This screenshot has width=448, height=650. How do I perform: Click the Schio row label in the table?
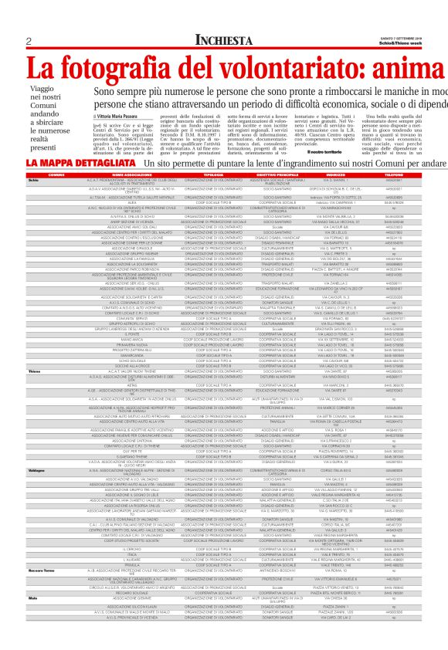(33, 180)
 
